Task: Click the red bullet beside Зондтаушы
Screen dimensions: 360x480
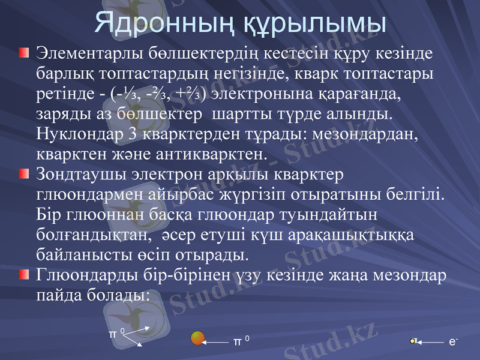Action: click(23, 175)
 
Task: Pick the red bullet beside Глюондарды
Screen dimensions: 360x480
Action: click(23, 275)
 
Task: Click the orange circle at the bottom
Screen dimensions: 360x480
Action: click(197, 338)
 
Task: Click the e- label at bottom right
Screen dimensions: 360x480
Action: click(452, 341)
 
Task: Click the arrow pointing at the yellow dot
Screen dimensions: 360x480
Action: click(431, 342)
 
